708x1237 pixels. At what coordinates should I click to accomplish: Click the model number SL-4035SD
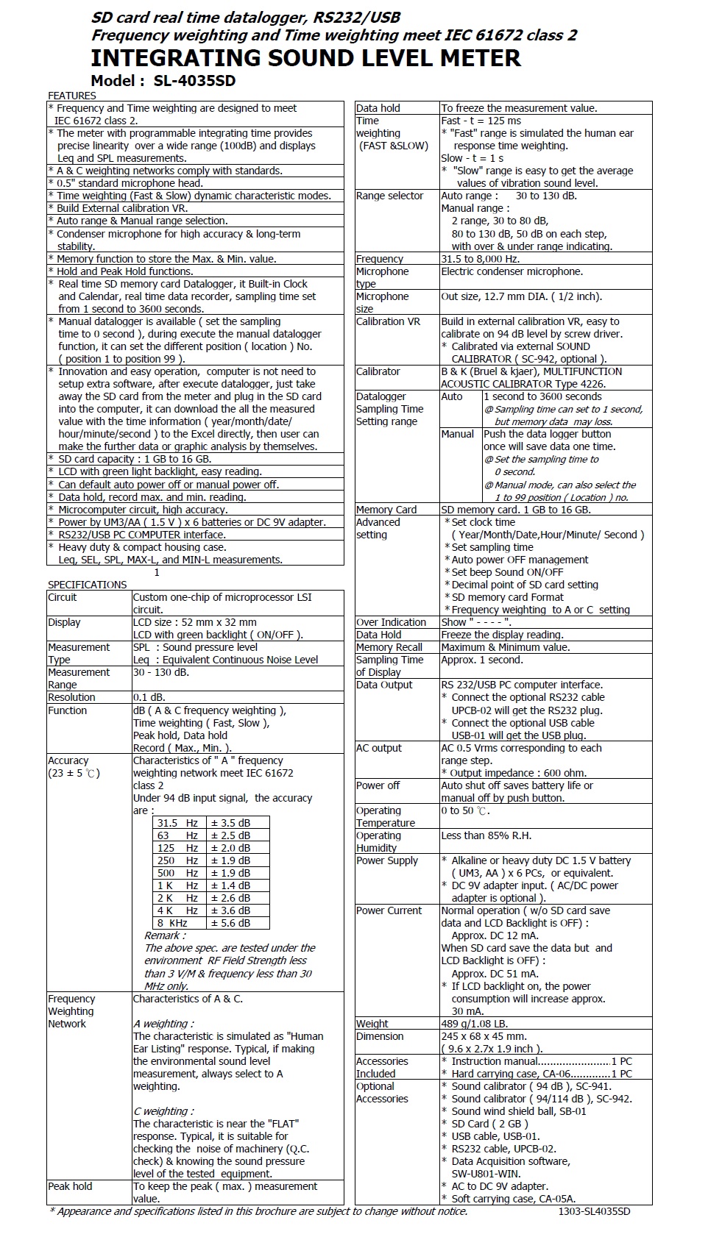[x=194, y=81]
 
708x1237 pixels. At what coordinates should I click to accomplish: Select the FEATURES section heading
[x=72, y=96]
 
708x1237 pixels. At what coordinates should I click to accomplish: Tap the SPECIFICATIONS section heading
[x=87, y=585]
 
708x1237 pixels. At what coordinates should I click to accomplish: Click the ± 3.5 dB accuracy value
[x=230, y=823]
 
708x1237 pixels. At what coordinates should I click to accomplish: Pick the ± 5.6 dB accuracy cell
[x=230, y=923]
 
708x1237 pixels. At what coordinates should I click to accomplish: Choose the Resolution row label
[x=71, y=697]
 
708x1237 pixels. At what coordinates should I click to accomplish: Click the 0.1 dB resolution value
[x=149, y=697]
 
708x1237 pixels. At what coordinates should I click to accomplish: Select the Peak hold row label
[x=70, y=1186]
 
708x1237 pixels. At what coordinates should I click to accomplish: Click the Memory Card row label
[x=386, y=510]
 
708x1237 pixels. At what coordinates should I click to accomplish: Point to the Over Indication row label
[x=391, y=622]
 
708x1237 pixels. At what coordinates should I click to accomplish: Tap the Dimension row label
[x=380, y=1036]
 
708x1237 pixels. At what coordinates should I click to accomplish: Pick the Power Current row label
[x=389, y=910]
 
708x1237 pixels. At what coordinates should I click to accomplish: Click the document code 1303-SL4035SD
[x=594, y=1211]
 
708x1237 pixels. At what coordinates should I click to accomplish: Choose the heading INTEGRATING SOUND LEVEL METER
[x=305, y=58]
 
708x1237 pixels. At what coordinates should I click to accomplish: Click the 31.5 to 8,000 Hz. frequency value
[x=480, y=259]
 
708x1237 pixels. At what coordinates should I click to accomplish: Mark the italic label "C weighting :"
[x=163, y=1111]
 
